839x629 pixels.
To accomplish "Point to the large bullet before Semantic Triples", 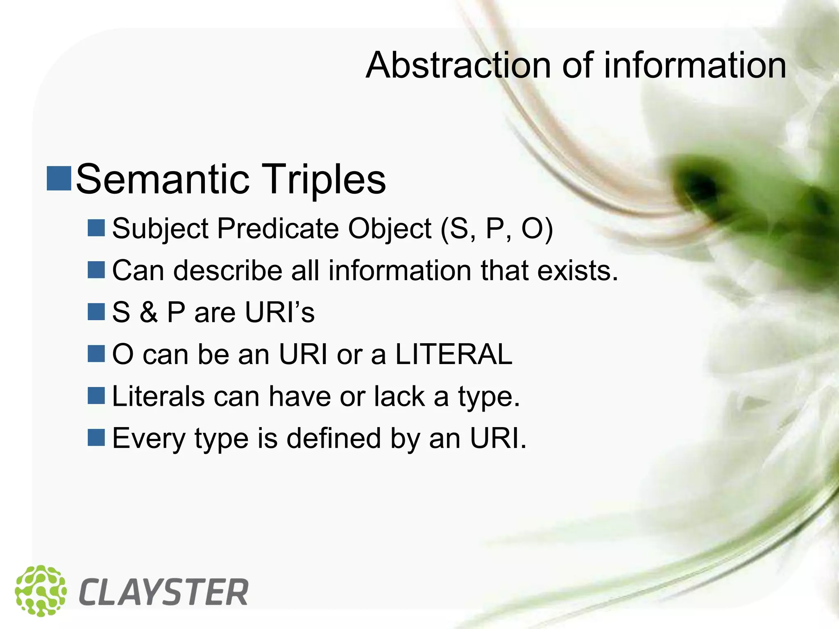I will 59,179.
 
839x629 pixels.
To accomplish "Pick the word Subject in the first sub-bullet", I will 160,229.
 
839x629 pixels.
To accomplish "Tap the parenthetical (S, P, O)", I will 497,229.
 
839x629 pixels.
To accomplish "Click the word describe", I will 227,271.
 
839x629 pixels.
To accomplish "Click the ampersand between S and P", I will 148,312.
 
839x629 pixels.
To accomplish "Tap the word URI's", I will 280,312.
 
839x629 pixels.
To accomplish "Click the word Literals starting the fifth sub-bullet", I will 158,396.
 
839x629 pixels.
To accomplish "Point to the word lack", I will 399,396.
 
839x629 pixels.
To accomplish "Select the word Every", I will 149,439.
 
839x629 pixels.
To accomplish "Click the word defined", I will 333,438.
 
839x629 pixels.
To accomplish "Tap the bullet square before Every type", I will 96,437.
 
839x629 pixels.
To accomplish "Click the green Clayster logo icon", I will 41,591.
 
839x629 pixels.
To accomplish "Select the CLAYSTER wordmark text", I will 163,592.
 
